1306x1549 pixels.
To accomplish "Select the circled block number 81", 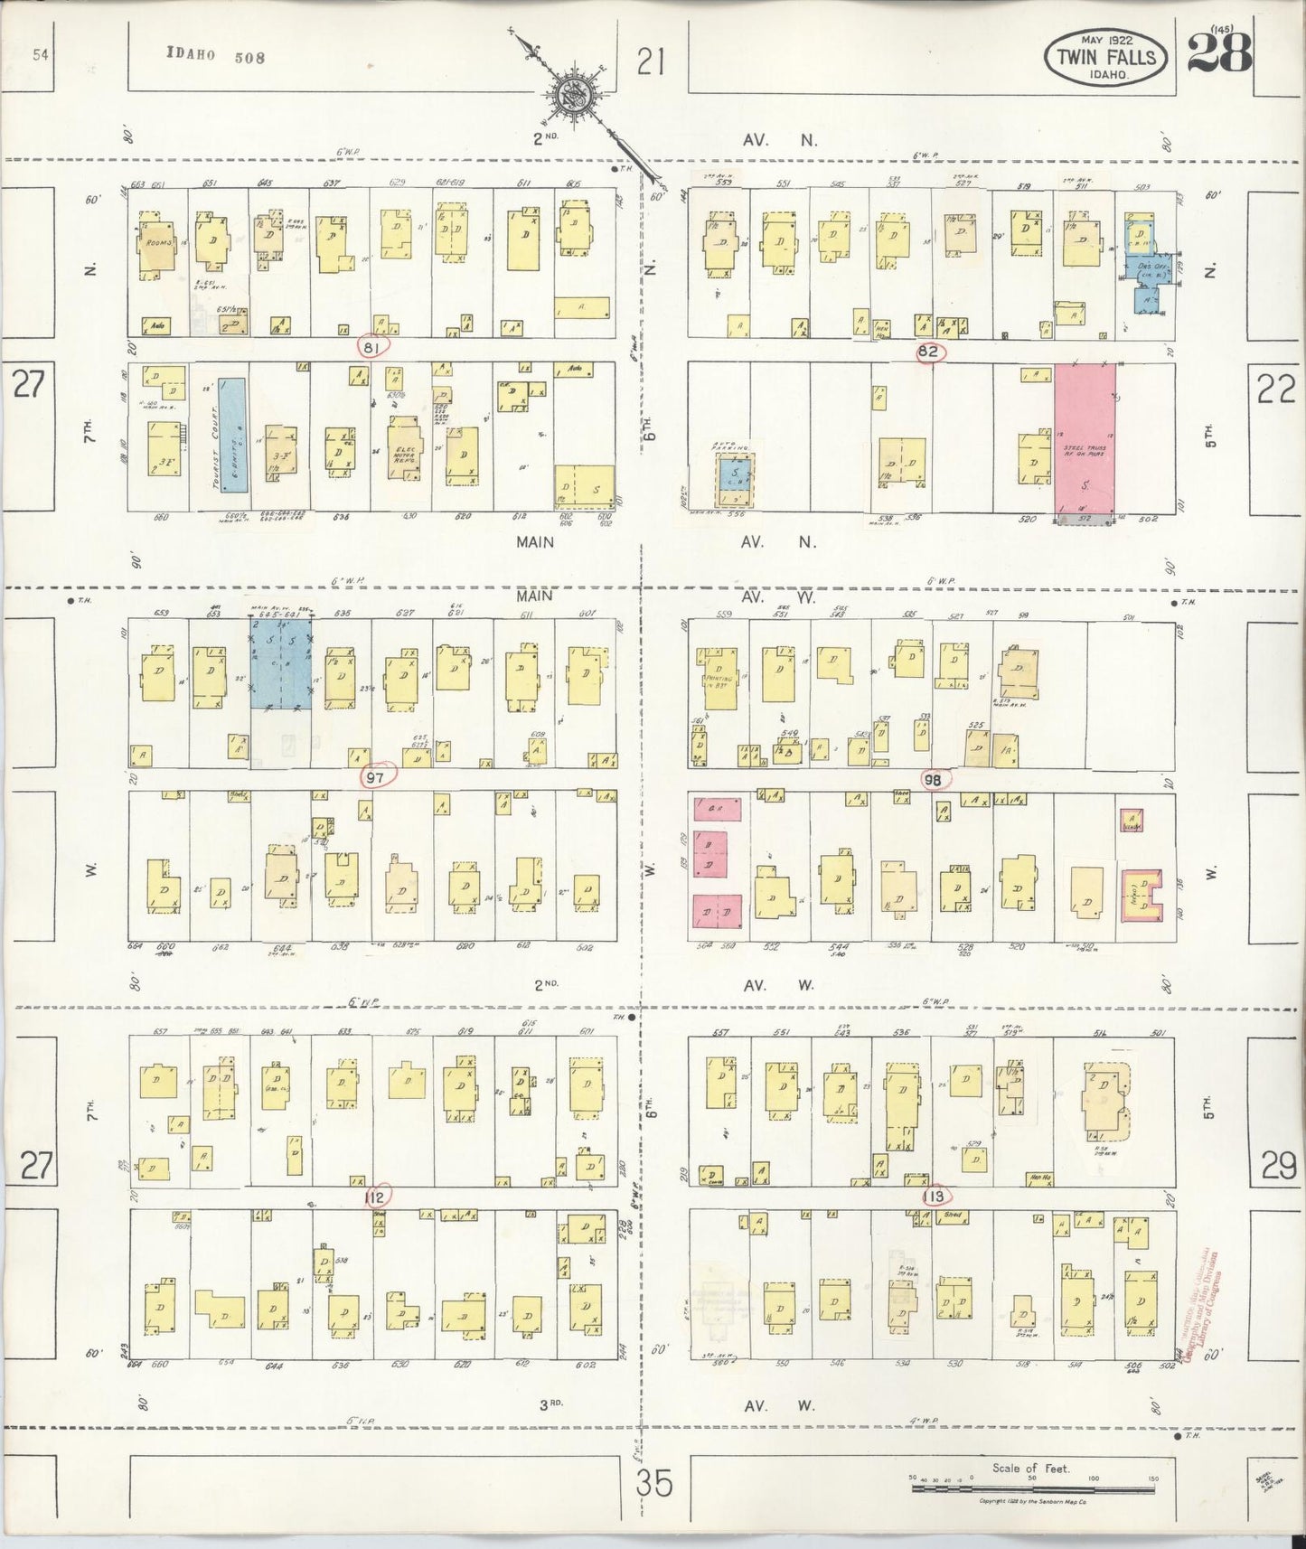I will pyautogui.click(x=372, y=348).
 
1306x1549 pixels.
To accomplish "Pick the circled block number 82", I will pyautogui.click(x=929, y=352).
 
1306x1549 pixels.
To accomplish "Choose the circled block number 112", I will pyautogui.click(x=375, y=1197).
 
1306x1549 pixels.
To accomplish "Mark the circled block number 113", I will pyautogui.click(x=934, y=1197).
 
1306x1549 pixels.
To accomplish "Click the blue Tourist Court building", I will pyautogui.click(x=234, y=434).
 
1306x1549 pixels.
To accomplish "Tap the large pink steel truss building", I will pyautogui.click(x=1085, y=438).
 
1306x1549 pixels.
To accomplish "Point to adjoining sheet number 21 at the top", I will pyautogui.click(x=651, y=62).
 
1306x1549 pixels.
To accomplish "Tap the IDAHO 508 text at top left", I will pyautogui.click(x=216, y=56).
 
